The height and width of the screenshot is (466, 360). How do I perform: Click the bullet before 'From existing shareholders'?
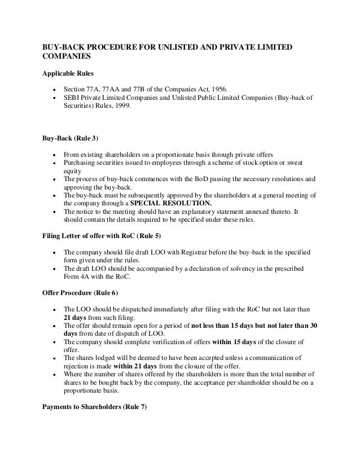coord(52,154)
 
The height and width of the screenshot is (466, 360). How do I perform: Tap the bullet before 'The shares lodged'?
coord(52,358)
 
